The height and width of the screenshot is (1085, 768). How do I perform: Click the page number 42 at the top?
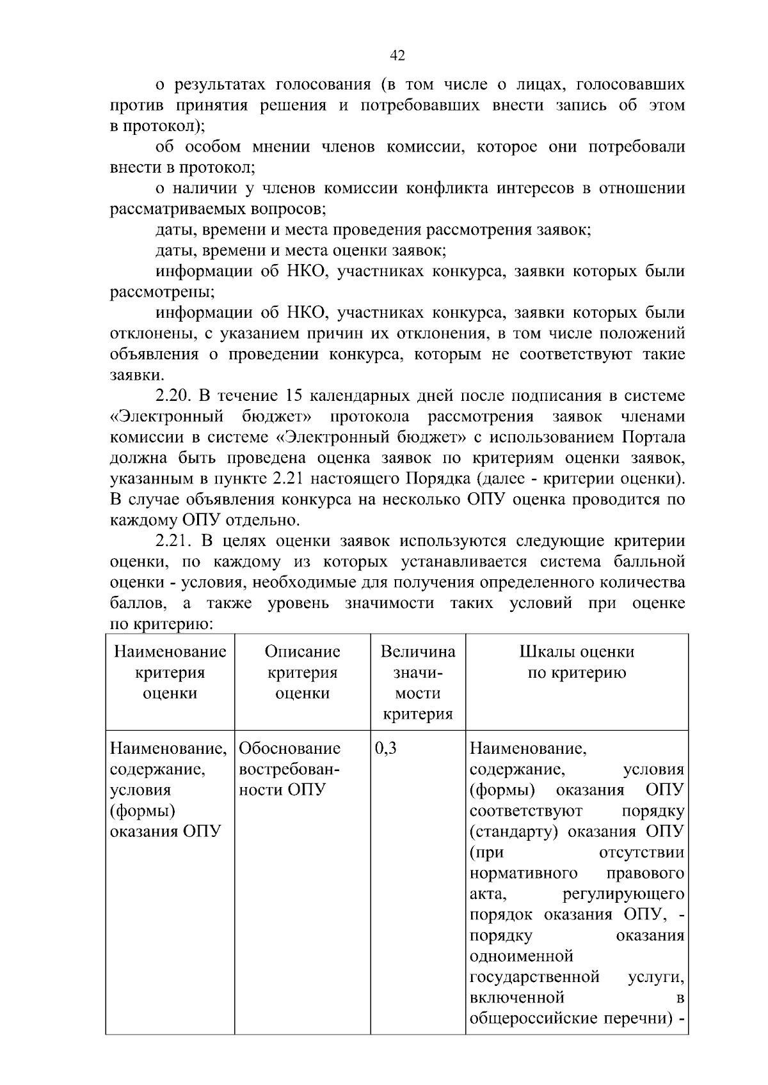(397, 56)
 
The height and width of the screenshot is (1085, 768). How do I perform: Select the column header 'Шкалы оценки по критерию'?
(577, 662)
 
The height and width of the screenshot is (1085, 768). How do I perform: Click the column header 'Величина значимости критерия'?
(418, 682)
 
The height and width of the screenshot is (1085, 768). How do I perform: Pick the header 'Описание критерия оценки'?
(302, 672)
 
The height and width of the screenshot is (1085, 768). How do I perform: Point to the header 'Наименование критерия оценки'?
(170, 672)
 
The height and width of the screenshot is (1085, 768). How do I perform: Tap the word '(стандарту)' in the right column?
(516, 832)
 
